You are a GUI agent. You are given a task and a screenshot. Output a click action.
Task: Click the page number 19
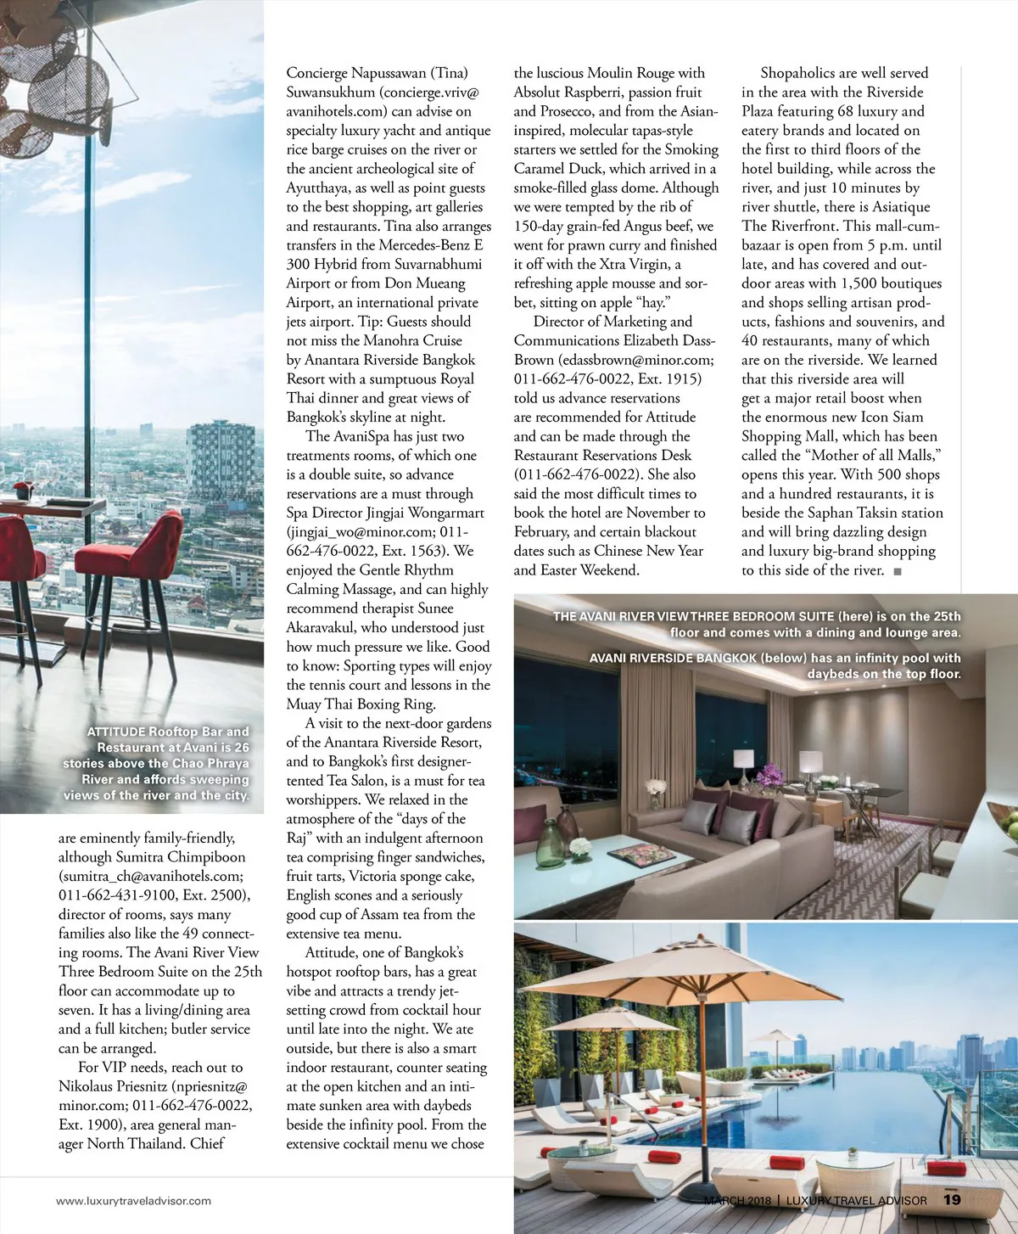point(952,1199)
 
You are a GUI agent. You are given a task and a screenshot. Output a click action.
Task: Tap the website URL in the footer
point(133,1201)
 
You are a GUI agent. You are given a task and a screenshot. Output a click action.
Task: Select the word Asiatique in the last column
point(896,207)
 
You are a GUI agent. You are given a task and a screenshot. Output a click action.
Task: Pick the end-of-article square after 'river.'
point(898,571)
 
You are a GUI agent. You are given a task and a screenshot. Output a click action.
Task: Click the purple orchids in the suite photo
point(770,773)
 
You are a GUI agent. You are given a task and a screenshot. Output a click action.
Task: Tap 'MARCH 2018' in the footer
point(737,1200)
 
